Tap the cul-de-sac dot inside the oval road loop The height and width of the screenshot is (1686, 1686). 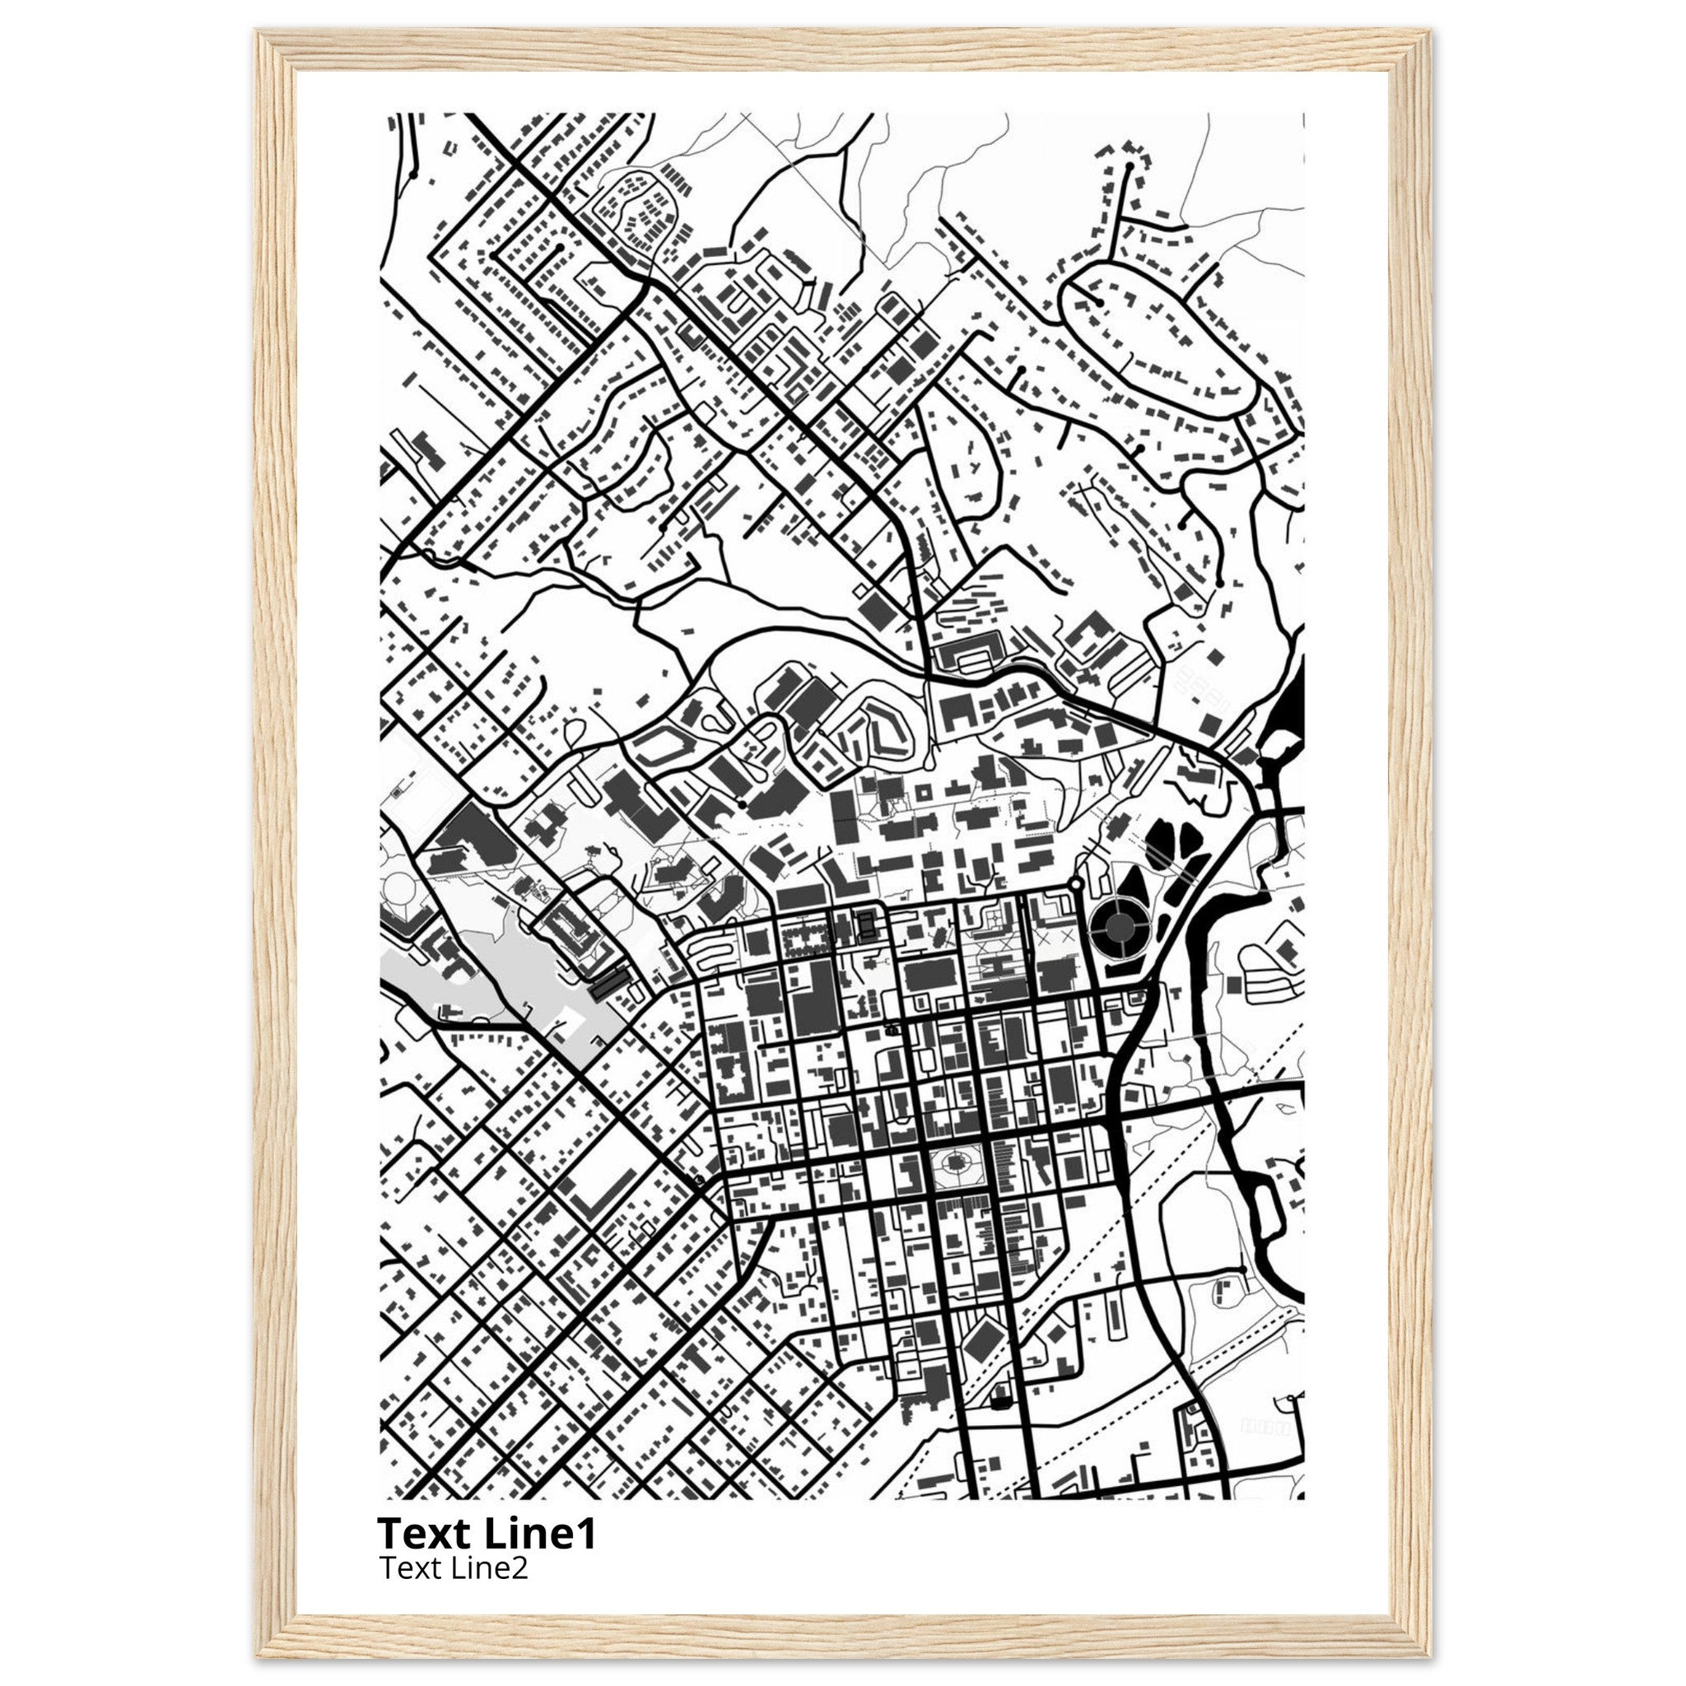(x=1101, y=302)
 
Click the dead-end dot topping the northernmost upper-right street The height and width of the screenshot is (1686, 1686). (x=1129, y=164)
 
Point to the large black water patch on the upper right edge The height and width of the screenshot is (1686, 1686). (x=1290, y=711)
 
